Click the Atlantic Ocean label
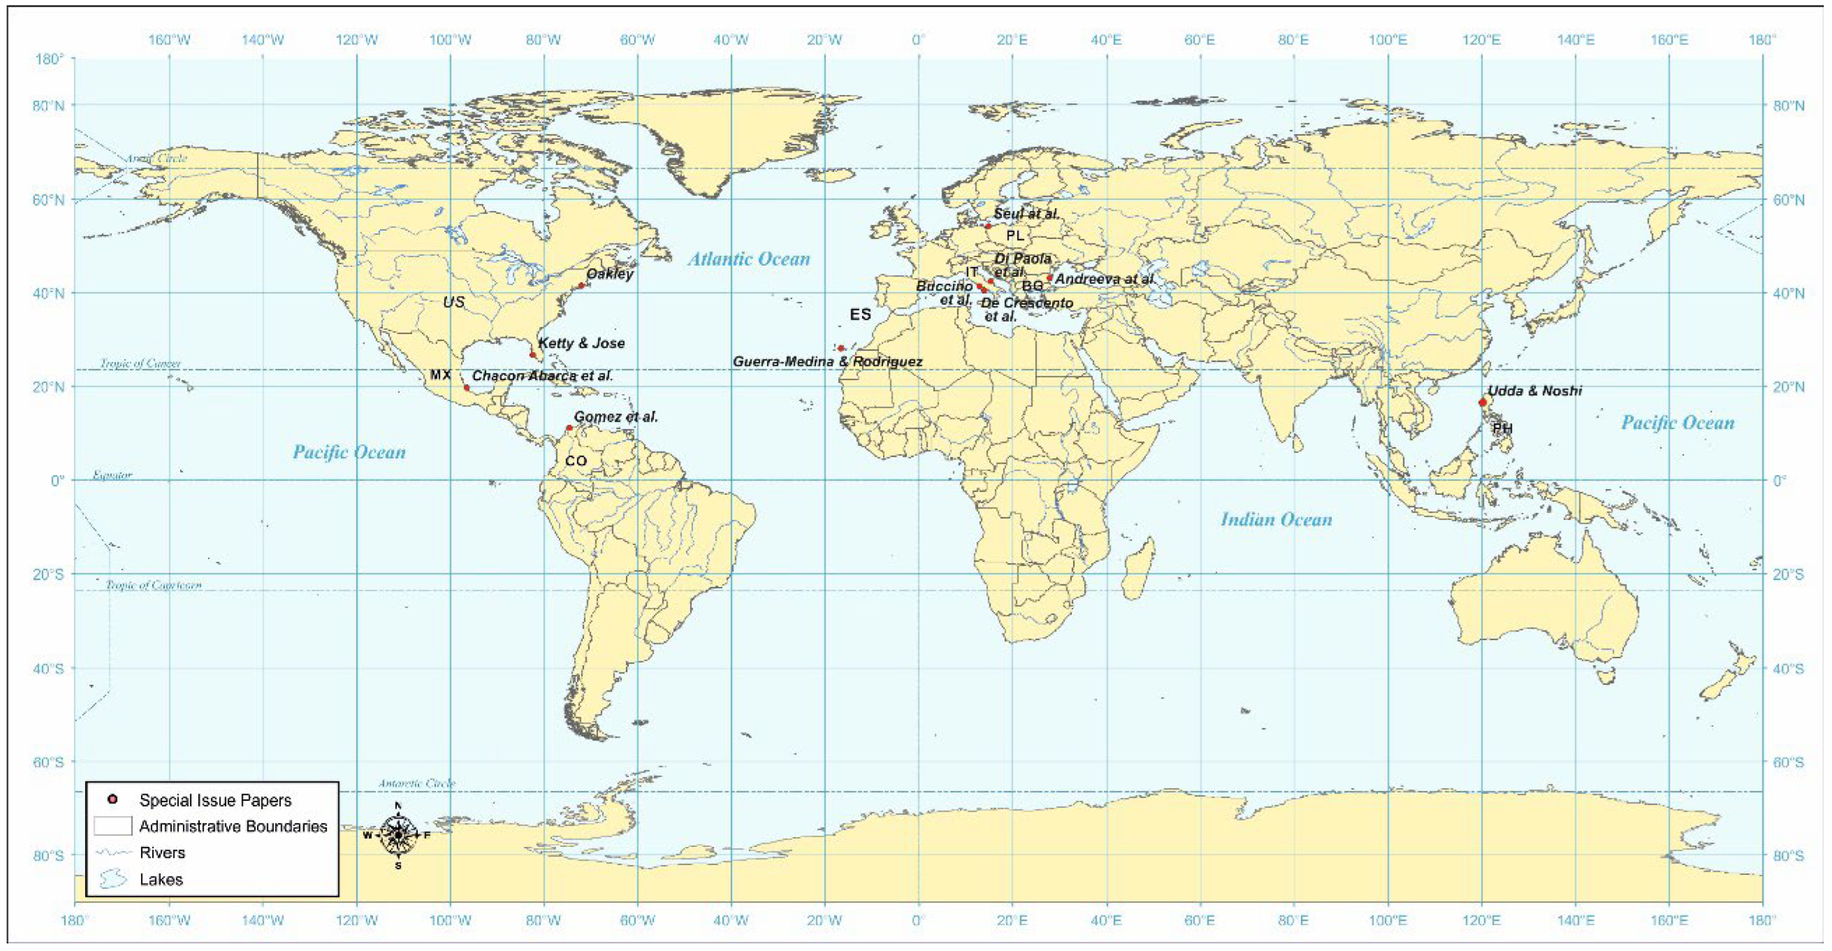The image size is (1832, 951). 748,259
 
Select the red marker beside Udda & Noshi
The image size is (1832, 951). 1483,403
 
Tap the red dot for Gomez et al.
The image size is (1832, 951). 569,428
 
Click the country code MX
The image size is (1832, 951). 440,375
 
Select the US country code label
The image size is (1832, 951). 454,302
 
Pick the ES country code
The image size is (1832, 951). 860,314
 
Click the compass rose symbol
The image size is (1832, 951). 398,835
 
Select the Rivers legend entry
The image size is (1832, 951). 162,853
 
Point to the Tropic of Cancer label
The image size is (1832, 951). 140,364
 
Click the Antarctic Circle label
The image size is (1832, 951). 416,783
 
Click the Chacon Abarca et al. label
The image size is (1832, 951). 542,376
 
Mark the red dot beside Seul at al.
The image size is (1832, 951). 988,226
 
